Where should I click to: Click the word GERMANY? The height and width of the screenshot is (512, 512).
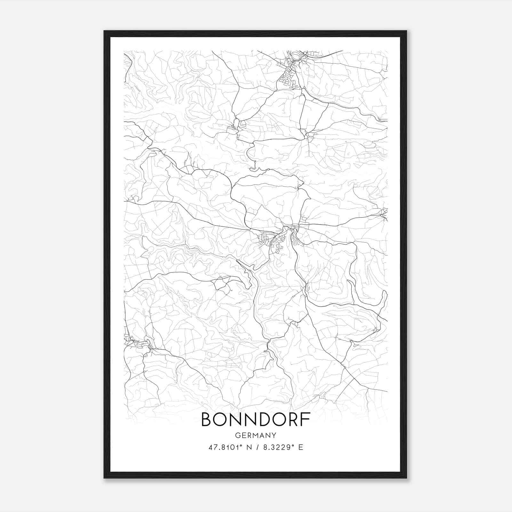(255, 435)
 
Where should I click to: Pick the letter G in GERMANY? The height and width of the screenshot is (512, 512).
(237, 435)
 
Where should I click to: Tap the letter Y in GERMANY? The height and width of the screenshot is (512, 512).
(274, 435)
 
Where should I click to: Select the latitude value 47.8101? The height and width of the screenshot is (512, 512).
(222, 447)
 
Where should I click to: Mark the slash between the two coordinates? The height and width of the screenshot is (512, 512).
(256, 447)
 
